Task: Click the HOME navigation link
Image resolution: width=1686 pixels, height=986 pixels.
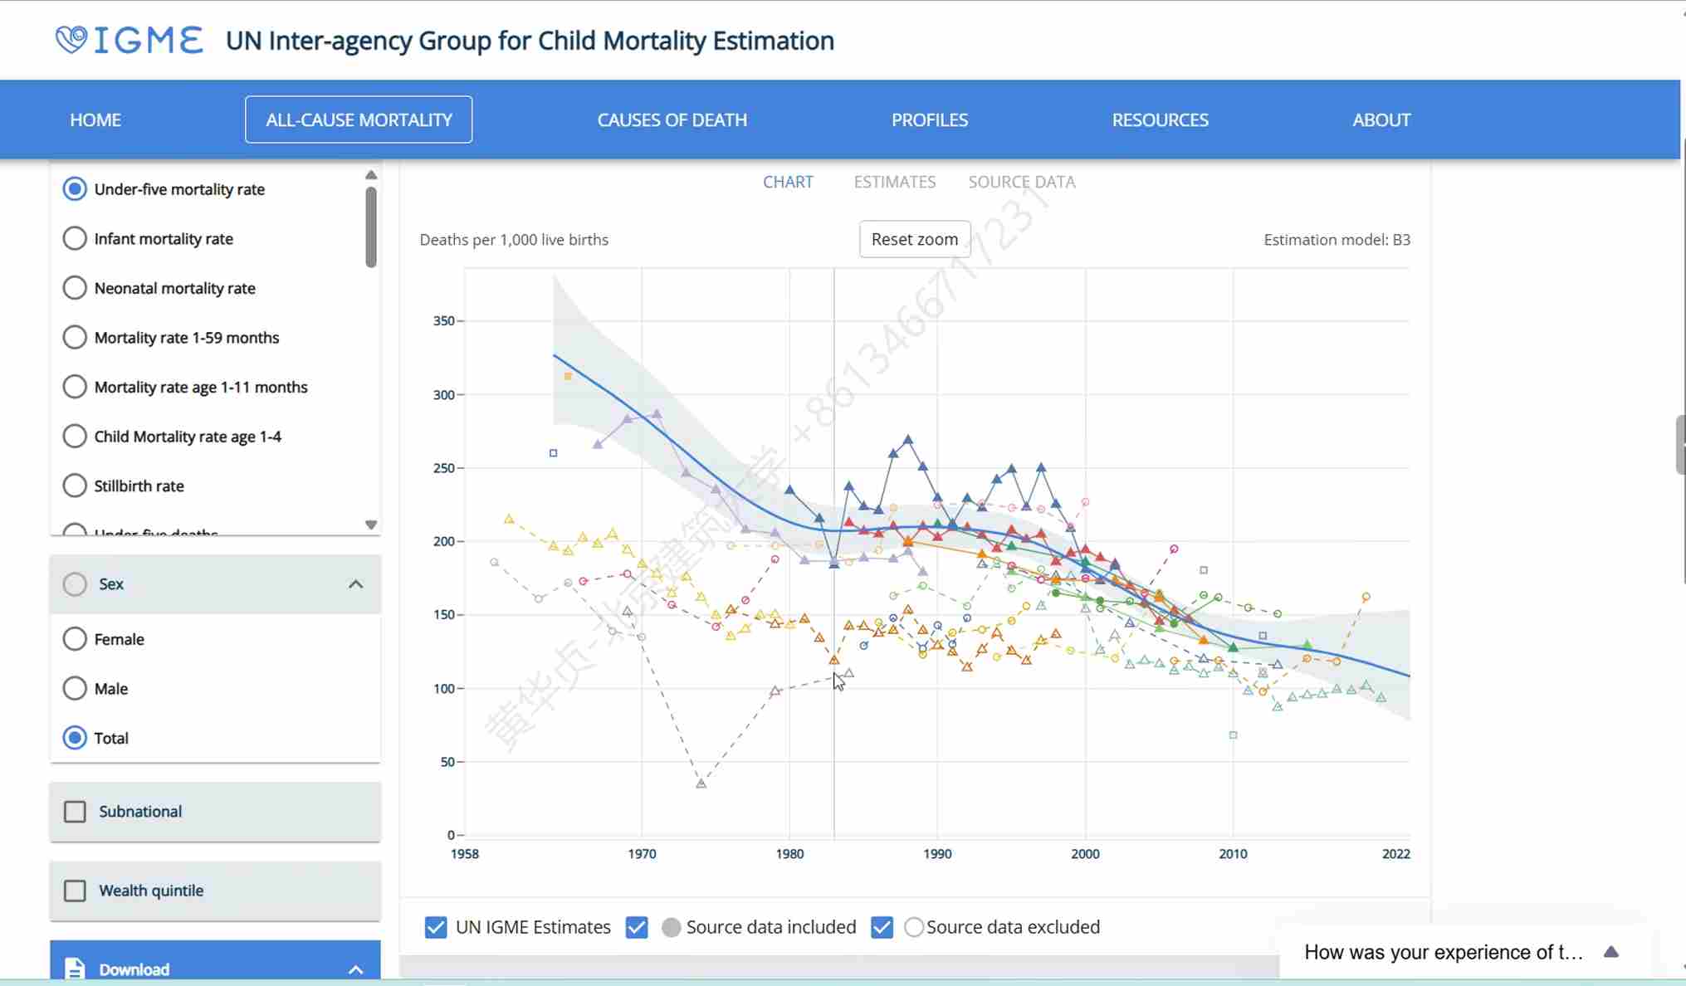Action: pyautogui.click(x=95, y=120)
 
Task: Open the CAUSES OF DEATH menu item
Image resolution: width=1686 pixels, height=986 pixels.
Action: pyautogui.click(x=672, y=120)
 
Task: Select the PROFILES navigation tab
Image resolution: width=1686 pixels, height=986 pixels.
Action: pyautogui.click(x=929, y=120)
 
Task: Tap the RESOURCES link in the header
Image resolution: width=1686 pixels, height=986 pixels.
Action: pyautogui.click(x=1160, y=120)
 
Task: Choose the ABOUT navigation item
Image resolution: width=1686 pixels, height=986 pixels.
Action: pyautogui.click(x=1381, y=120)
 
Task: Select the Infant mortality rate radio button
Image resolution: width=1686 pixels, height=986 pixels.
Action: pyautogui.click(x=75, y=239)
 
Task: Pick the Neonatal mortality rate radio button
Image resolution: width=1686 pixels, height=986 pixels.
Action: pyautogui.click(x=75, y=288)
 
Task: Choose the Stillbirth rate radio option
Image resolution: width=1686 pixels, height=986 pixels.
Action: pyautogui.click(x=75, y=486)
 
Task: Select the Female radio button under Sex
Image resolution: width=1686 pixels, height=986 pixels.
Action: pyautogui.click(x=75, y=639)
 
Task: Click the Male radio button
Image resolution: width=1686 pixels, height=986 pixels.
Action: pyautogui.click(x=75, y=689)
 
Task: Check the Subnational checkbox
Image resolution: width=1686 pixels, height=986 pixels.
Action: pyautogui.click(x=75, y=812)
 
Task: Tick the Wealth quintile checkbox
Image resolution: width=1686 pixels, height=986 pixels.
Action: pyautogui.click(x=75, y=891)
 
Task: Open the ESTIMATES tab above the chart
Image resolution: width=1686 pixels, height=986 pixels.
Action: pyautogui.click(x=894, y=182)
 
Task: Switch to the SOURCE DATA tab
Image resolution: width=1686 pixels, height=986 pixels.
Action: pyautogui.click(x=1021, y=182)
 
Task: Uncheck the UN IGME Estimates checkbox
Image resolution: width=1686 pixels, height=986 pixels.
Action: pyautogui.click(x=436, y=927)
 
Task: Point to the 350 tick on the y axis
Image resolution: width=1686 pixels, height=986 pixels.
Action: pyautogui.click(x=444, y=321)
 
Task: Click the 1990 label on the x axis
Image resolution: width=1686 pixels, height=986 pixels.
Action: pyautogui.click(x=937, y=854)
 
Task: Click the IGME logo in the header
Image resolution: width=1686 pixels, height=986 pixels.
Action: pyautogui.click(x=130, y=40)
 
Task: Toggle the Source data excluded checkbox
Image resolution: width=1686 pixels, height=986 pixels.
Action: pyautogui.click(x=882, y=927)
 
